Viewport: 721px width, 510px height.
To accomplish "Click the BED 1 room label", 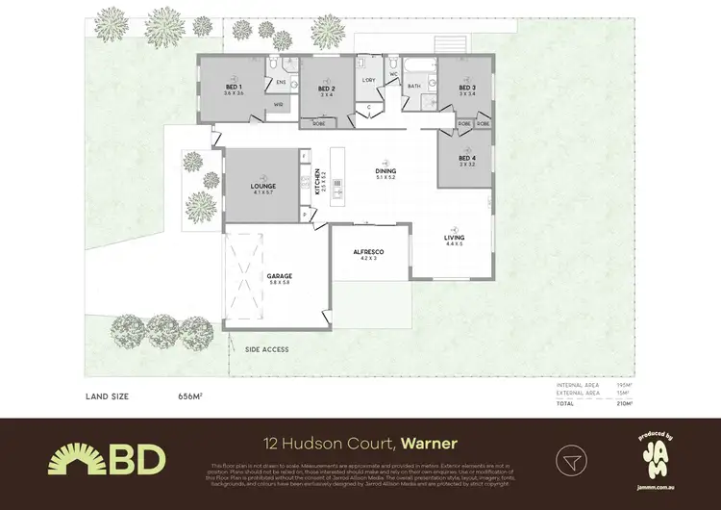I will tap(232, 88).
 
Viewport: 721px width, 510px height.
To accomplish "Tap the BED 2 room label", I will tap(326, 89).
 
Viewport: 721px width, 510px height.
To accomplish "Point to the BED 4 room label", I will tap(467, 159).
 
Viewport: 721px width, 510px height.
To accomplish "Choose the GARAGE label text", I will tap(280, 277).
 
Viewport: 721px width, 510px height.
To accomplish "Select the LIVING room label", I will tap(454, 238).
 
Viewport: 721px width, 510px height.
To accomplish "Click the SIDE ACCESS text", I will tap(266, 349).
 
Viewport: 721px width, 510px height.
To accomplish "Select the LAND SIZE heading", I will tap(110, 396).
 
